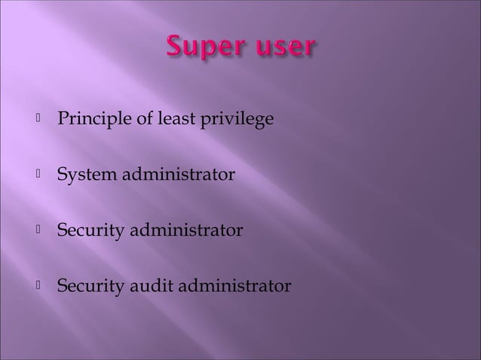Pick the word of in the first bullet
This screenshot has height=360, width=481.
(x=139, y=121)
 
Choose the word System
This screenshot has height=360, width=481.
(x=84, y=175)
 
